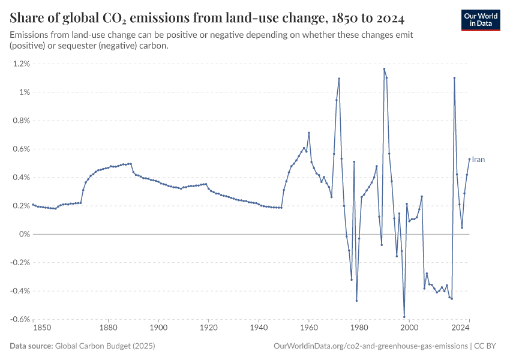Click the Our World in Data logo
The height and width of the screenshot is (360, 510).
click(x=481, y=20)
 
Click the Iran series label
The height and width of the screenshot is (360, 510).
click(x=478, y=160)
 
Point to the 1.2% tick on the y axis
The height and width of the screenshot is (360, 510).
click(x=22, y=64)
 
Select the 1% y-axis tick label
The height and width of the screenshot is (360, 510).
click(x=24, y=92)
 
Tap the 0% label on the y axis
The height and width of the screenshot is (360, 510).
click(x=24, y=234)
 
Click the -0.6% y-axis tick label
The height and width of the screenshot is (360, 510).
click(x=20, y=319)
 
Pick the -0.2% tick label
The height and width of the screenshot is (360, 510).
click(x=20, y=262)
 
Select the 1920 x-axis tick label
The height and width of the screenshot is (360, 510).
click(x=208, y=328)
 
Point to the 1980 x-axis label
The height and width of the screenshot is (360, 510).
click(x=359, y=328)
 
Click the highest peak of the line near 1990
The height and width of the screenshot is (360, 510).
click(x=384, y=68)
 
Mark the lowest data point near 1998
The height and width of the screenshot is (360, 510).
click(x=404, y=317)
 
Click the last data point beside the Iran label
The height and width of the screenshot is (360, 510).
click(x=469, y=159)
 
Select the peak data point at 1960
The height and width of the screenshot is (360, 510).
click(x=309, y=133)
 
